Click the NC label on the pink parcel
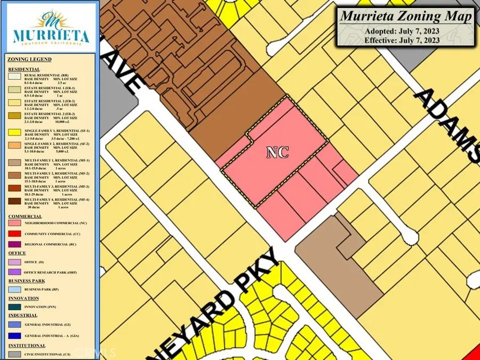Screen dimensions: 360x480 tap(277, 153)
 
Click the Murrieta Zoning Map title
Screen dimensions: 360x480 tap(406, 16)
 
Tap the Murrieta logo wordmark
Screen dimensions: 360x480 tap(50, 35)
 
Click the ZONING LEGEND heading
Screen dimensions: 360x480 tap(30, 59)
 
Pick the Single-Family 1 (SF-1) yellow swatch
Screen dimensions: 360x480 tap(14, 133)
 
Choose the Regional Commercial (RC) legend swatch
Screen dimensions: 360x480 tap(14, 244)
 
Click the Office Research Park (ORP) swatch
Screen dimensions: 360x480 tap(14, 271)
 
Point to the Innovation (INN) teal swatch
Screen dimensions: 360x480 tap(14, 307)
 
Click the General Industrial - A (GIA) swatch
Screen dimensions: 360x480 tap(14, 336)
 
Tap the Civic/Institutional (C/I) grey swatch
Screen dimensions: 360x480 tap(14, 353)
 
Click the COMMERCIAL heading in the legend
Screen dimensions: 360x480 tap(25, 216)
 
